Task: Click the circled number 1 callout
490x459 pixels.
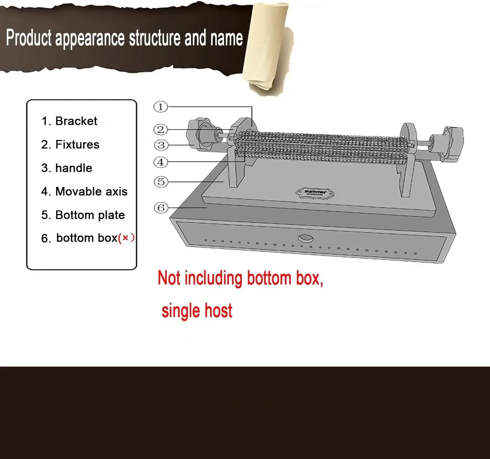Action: click(161, 107)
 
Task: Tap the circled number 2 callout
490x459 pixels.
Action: click(161, 130)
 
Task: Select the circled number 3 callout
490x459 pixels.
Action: click(161, 145)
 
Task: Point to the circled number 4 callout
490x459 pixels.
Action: click(161, 162)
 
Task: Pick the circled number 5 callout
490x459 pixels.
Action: click(161, 182)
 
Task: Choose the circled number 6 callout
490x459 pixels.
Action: click(161, 208)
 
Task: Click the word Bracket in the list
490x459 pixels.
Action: click(76, 121)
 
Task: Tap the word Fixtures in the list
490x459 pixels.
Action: click(77, 145)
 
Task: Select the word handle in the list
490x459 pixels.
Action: click(74, 168)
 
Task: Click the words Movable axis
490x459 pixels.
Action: click(91, 191)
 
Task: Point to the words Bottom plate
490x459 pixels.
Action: click(90, 215)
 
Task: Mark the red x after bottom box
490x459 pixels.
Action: click(125, 238)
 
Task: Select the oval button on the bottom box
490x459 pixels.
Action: click(306, 238)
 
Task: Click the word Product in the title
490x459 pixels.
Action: click(29, 38)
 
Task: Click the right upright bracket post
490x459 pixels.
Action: click(407, 160)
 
